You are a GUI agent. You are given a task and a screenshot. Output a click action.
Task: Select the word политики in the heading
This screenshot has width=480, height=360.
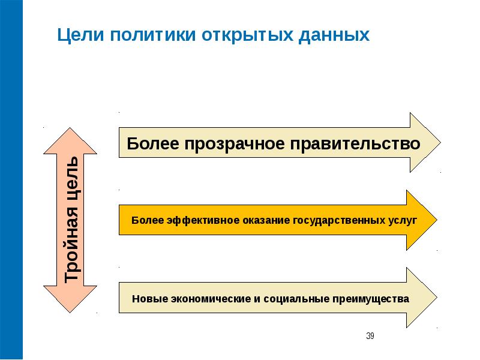click(x=153, y=34)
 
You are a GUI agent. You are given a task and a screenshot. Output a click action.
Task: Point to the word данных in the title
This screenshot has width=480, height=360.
click(x=334, y=35)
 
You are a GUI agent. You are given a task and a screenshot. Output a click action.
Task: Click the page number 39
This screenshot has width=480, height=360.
click(x=370, y=336)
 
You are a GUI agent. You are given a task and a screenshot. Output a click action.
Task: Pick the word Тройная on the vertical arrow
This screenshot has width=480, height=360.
click(x=72, y=244)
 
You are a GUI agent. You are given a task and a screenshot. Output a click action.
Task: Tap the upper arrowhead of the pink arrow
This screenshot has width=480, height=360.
click(x=70, y=140)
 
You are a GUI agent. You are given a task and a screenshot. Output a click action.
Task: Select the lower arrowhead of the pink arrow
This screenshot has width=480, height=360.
click(x=70, y=299)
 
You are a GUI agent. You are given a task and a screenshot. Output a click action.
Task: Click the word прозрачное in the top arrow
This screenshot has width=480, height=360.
click(x=235, y=143)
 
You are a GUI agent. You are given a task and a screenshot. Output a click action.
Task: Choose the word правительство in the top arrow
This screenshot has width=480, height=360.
click(x=355, y=143)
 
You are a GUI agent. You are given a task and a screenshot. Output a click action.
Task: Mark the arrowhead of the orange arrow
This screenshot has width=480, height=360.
click(x=422, y=220)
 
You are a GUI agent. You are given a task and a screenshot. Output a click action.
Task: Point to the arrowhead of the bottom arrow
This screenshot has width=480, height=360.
click(x=422, y=298)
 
